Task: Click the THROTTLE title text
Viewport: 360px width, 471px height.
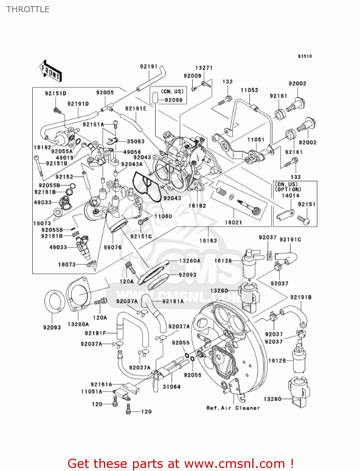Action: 28,9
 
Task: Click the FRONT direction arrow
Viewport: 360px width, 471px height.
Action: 50,71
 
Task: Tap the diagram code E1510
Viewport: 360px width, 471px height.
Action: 305,56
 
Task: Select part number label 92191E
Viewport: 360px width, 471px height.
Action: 136,109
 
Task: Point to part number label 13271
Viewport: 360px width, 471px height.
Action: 204,68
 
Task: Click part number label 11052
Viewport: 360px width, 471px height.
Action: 249,90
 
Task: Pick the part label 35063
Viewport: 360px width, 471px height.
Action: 136,142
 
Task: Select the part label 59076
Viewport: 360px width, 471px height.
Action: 112,247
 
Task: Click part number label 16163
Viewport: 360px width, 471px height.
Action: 208,241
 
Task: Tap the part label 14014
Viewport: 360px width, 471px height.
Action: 290,196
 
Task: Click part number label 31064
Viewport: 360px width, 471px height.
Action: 171,387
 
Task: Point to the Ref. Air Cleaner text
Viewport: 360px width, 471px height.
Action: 233,408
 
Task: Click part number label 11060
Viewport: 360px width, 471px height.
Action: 163,216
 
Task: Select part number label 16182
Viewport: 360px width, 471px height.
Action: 197,206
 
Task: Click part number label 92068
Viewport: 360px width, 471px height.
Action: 174,100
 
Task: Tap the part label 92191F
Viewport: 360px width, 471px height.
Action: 95,333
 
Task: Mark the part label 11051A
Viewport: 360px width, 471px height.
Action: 92,392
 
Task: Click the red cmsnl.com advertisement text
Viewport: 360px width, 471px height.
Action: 180,463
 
